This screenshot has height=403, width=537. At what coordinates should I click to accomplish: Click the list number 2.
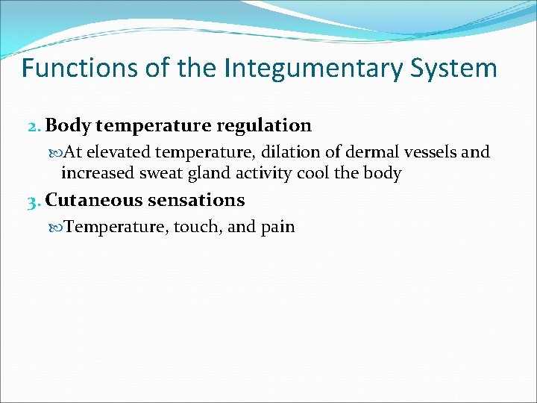[33, 125]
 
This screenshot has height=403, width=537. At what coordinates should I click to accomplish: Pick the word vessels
[432, 152]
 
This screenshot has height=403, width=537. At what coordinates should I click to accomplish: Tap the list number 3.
[33, 200]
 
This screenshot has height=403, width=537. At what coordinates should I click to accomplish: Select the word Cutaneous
[95, 200]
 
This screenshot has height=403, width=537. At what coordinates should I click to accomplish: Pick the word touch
[197, 226]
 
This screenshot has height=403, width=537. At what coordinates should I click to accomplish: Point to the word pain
[277, 227]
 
